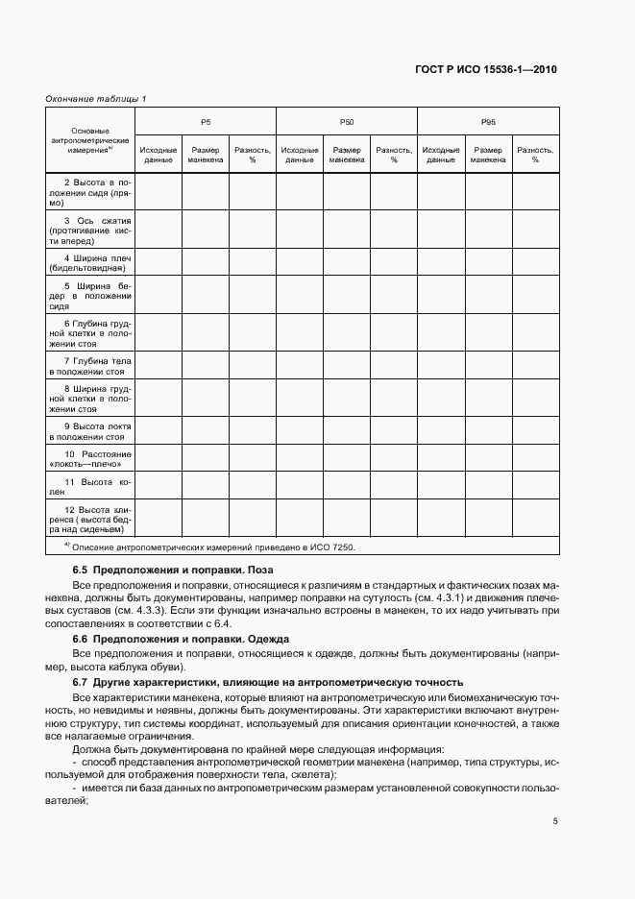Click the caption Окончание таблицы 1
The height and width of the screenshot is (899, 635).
[96, 98]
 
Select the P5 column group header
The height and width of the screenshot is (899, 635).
[205, 122]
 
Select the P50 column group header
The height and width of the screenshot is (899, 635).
[346, 122]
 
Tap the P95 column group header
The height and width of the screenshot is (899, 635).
[488, 122]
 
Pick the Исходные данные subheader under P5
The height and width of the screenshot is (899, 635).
[158, 155]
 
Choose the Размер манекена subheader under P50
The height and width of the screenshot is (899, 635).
[346, 155]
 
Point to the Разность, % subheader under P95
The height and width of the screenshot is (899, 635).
[535, 155]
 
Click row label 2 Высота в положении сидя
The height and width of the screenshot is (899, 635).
[90, 192]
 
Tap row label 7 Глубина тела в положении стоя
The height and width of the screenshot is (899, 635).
[90, 364]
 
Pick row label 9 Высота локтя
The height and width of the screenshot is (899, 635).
[90, 430]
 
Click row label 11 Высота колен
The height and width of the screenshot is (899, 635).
[90, 485]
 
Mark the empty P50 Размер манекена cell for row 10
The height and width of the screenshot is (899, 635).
[346, 458]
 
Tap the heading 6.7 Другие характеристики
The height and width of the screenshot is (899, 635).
[268, 682]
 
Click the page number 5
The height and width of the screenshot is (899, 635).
[555, 821]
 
